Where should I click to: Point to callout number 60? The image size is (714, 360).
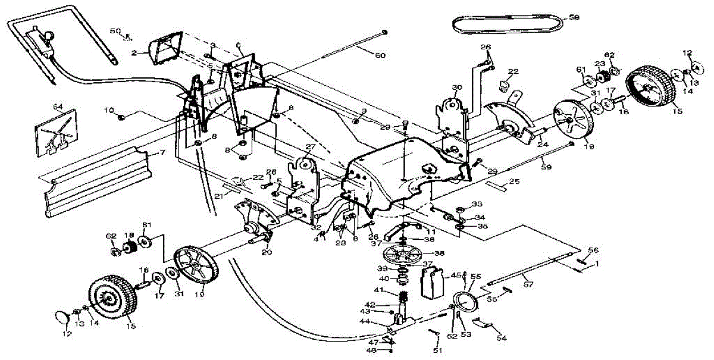tap(380, 55)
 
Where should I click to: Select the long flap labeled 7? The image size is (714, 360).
tap(95, 179)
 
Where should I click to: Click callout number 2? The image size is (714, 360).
tap(134, 53)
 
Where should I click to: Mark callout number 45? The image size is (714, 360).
tap(456, 275)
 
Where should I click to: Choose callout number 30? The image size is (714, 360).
tap(457, 87)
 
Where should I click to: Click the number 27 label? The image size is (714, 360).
tap(310, 146)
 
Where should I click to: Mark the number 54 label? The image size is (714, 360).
tap(502, 337)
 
